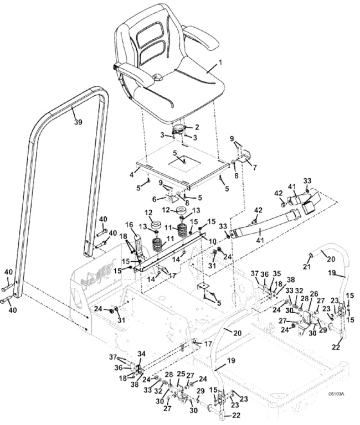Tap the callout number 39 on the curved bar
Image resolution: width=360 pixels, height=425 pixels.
(78, 122)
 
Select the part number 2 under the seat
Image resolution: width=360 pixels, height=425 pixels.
(197, 127)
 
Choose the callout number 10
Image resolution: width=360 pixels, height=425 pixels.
(212, 241)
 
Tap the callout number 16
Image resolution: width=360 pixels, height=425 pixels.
(128, 225)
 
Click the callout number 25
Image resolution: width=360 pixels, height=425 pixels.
(181, 375)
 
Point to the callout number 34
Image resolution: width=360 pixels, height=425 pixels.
(141, 354)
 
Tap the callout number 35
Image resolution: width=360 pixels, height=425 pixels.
(277, 273)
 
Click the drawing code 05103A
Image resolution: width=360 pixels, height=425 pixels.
(336, 394)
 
